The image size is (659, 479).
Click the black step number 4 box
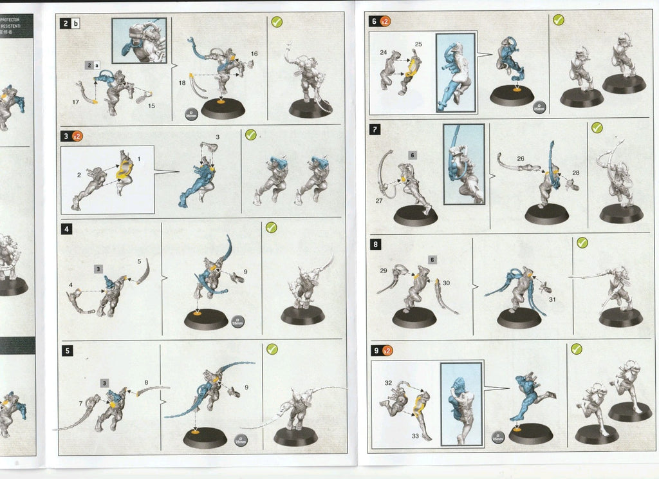66,228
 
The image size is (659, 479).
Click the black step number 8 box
375,245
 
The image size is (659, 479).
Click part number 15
152,105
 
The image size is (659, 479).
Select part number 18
181,83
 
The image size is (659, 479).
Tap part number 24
384,52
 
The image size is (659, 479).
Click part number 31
552,299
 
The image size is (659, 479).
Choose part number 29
383,270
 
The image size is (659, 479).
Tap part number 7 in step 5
80,403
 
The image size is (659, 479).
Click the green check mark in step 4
271,227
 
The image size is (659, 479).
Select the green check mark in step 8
582,243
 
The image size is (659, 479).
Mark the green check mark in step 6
558,20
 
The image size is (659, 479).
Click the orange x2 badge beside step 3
76,136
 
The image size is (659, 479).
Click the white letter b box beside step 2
76,24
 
